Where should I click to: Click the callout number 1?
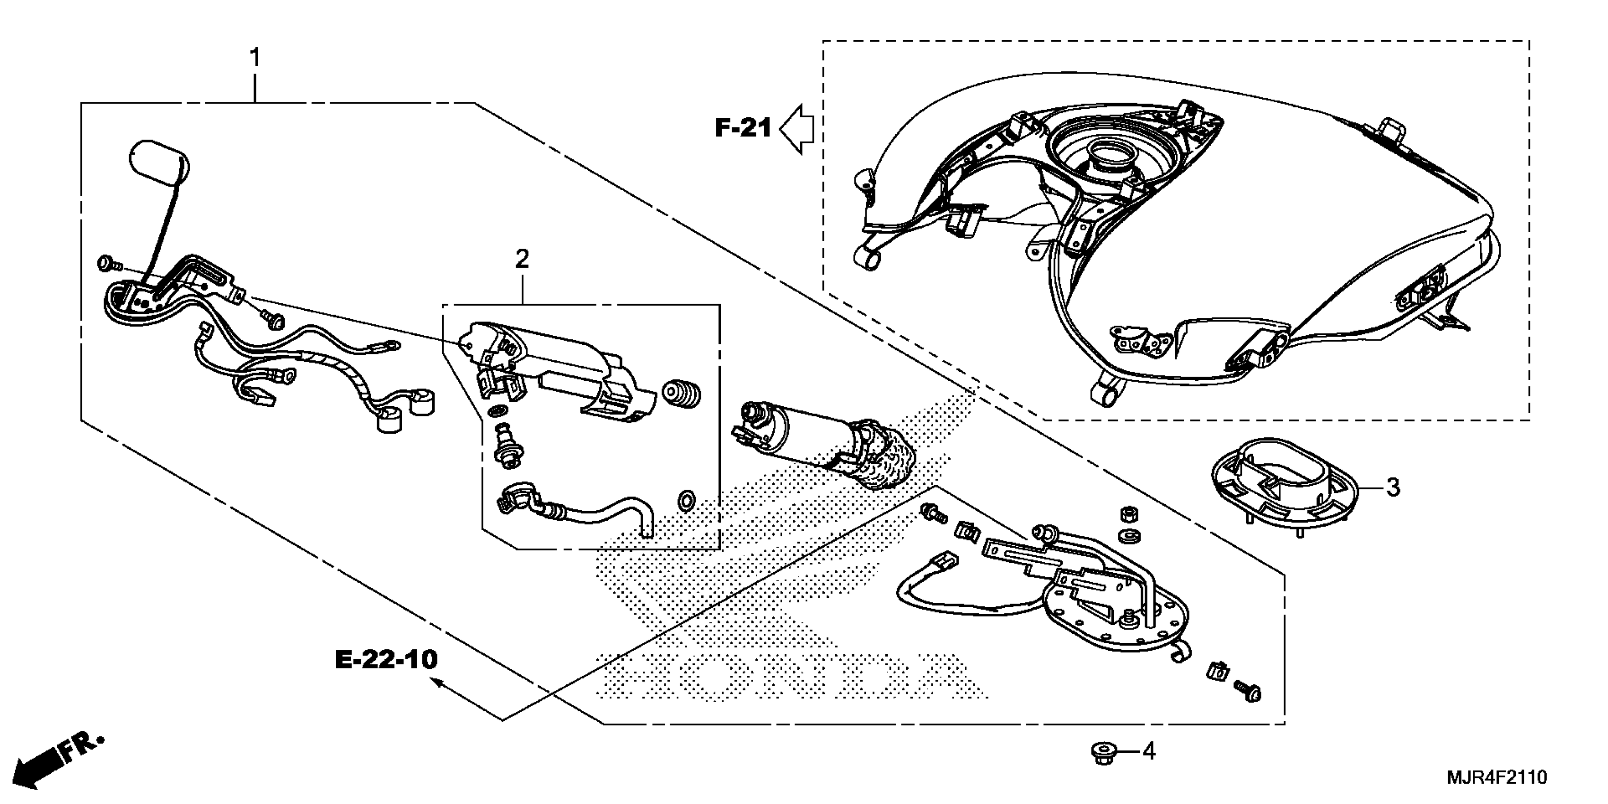(x=255, y=58)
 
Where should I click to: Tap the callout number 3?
(x=1393, y=488)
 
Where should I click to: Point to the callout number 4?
(x=1149, y=752)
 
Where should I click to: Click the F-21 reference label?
(x=743, y=129)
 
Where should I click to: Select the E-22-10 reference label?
(x=386, y=660)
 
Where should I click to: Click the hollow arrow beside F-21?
(x=797, y=129)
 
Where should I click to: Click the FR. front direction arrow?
(x=56, y=759)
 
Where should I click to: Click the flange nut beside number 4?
(x=1104, y=753)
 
